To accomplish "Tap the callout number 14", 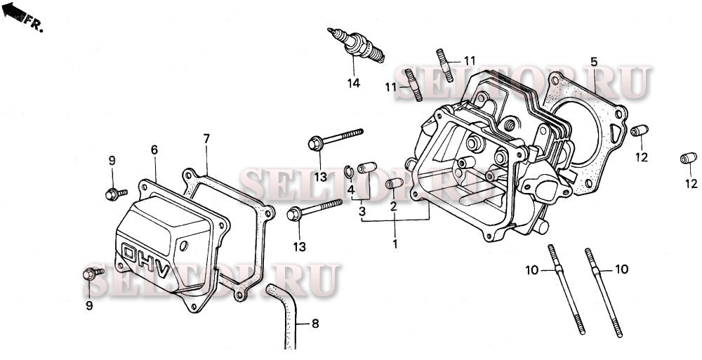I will (353, 84).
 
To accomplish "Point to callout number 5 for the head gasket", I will (593, 62).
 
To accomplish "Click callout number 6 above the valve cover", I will (154, 149).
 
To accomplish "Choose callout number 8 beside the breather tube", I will (314, 324).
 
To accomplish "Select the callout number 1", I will (395, 244).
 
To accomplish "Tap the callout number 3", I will (362, 211).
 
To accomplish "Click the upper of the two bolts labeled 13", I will (334, 138).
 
